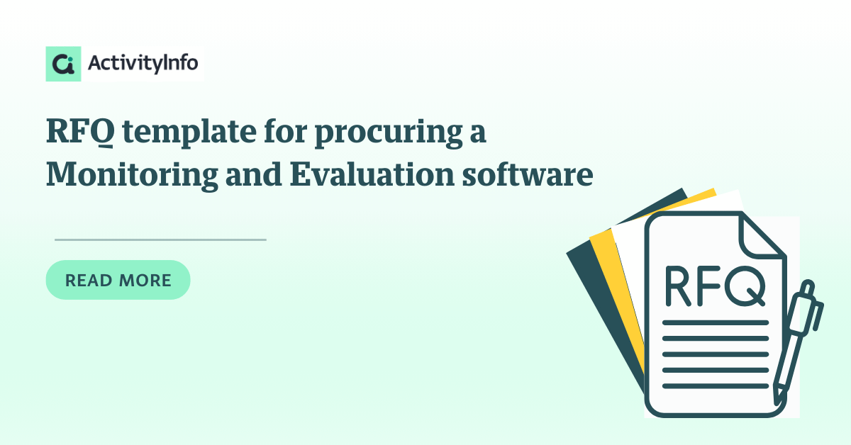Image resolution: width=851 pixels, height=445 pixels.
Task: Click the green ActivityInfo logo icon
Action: click(x=63, y=64)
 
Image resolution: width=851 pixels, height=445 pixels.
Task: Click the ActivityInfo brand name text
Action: click(x=143, y=63)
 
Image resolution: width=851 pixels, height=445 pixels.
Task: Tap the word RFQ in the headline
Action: click(x=80, y=131)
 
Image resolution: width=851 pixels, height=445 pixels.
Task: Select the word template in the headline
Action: click(x=189, y=133)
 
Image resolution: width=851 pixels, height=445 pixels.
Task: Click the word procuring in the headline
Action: click(x=389, y=133)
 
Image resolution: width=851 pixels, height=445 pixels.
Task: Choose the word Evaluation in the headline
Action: click(x=372, y=174)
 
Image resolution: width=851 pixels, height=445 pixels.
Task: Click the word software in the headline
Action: click(x=528, y=174)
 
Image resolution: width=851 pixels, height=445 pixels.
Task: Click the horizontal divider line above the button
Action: click(x=160, y=240)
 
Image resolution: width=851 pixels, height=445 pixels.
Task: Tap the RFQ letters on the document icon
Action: click(x=715, y=286)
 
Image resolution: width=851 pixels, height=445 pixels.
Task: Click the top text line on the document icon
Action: click(x=716, y=322)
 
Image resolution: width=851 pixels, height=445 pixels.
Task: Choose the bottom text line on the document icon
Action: click(x=716, y=386)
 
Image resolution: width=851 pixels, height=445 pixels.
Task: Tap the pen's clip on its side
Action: click(x=818, y=316)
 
